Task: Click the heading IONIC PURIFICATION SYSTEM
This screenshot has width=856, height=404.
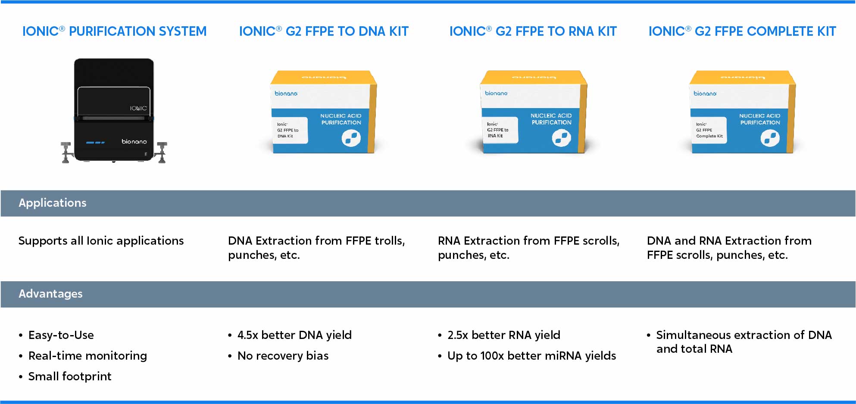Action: coord(114,31)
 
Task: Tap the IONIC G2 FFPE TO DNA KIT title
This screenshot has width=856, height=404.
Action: coord(324,31)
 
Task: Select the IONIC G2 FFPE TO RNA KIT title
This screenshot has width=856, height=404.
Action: coord(533,31)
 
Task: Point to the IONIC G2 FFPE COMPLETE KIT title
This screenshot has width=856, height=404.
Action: coord(742,31)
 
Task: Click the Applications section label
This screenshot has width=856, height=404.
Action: coord(53,203)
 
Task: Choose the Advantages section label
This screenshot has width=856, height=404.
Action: coord(50,294)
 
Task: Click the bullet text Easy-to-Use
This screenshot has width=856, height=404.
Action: coord(61,335)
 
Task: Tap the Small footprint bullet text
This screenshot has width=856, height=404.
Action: coord(70,376)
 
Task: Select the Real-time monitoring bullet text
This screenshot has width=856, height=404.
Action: coord(87,356)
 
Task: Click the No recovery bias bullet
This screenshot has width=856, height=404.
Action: coord(283,356)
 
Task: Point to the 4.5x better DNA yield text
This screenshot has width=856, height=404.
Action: coord(294,335)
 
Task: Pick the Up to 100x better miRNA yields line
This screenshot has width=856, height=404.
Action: coord(531,356)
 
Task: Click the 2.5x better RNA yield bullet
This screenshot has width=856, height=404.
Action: coord(504,335)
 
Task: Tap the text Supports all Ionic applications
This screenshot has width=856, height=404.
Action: coord(101,241)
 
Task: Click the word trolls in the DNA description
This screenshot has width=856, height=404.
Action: coord(390,241)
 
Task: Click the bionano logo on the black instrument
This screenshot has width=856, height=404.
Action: coord(134,141)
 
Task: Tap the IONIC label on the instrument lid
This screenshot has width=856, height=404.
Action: coord(138,108)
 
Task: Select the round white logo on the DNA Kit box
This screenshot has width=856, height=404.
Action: coord(351,138)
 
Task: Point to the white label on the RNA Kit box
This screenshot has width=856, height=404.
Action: coord(500,130)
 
